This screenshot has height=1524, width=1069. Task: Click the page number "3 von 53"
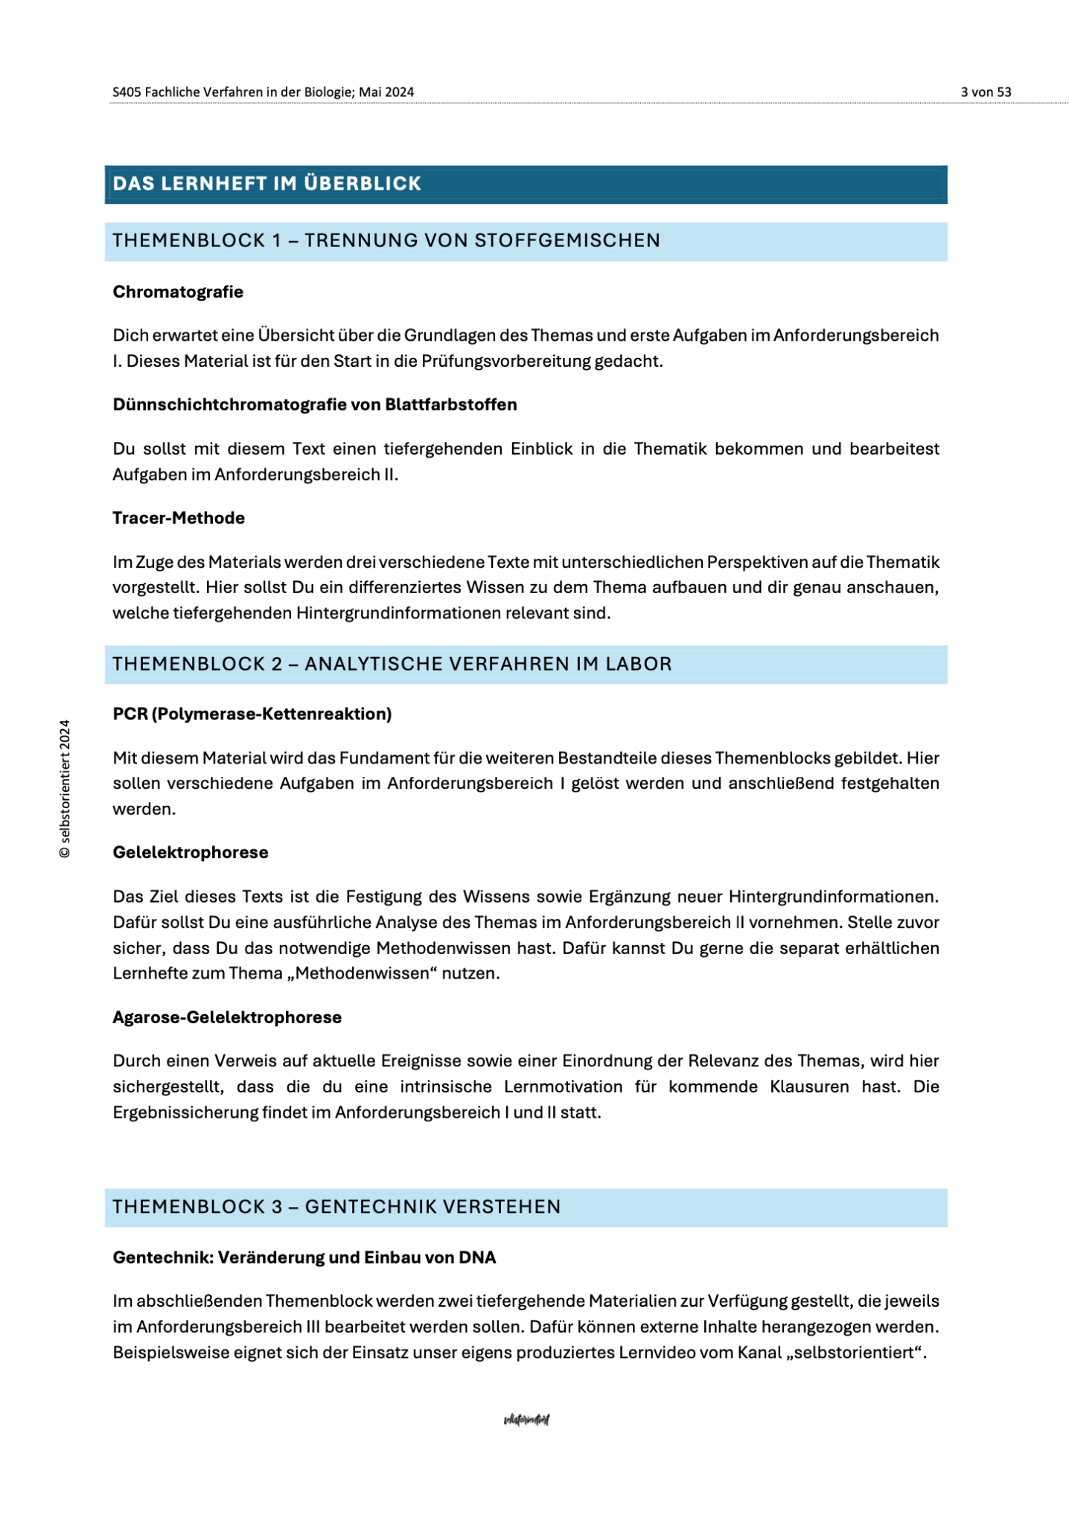coord(986,92)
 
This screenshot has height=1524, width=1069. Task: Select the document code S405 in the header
coord(127,92)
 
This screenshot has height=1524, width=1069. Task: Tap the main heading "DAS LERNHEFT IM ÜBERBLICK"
coord(267,184)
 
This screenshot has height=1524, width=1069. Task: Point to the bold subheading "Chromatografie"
coord(178,292)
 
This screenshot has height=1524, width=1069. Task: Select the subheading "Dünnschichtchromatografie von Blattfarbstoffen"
coord(314,405)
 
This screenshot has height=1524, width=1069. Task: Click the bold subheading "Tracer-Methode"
coord(179,518)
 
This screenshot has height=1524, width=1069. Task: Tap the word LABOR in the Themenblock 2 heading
coord(639,664)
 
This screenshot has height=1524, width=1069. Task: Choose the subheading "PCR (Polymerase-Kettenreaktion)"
coord(252,714)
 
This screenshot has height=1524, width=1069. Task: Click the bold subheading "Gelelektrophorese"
coord(191,853)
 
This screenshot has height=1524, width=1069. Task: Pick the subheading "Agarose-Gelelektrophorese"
coord(227,1017)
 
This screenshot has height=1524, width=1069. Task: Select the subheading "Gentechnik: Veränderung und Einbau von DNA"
coord(304,1258)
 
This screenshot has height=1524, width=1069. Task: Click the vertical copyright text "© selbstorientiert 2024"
coord(66,789)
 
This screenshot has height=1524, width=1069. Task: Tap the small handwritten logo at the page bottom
coord(526,1420)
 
